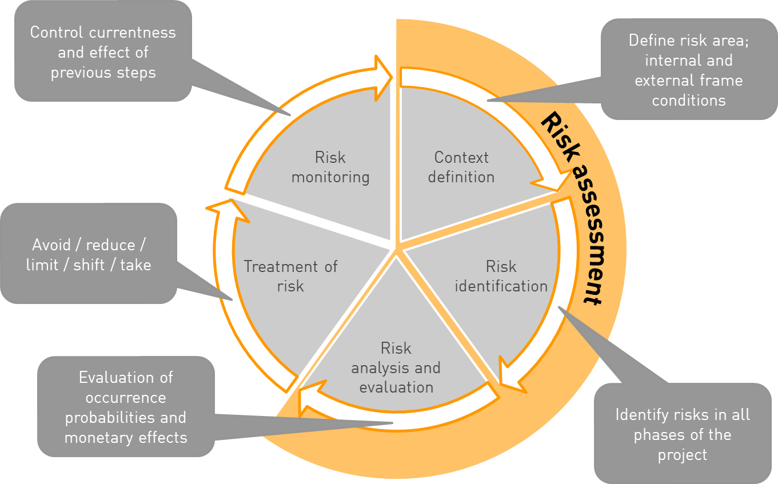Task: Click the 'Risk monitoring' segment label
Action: [x=330, y=167]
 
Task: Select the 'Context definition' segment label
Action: [x=461, y=167]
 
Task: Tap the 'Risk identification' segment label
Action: [x=501, y=276]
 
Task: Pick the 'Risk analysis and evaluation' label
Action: [x=396, y=367]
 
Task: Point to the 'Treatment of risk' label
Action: [x=290, y=276]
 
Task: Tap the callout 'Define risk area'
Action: [x=688, y=70]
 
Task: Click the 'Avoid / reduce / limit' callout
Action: [x=89, y=254]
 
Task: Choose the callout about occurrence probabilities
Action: [x=126, y=407]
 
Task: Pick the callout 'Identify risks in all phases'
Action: [x=683, y=434]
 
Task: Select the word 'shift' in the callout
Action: [x=89, y=265]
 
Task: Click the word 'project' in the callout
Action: [x=683, y=455]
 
